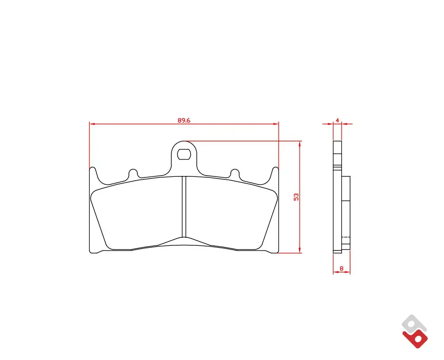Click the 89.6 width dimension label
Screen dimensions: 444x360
[184, 120]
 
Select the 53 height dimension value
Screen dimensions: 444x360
[296, 197]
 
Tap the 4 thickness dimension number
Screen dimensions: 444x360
[337, 120]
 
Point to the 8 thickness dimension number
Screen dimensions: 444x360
[341, 268]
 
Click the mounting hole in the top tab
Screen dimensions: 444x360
[183, 155]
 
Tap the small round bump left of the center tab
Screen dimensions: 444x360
[133, 173]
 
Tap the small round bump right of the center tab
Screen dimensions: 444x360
[235, 173]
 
